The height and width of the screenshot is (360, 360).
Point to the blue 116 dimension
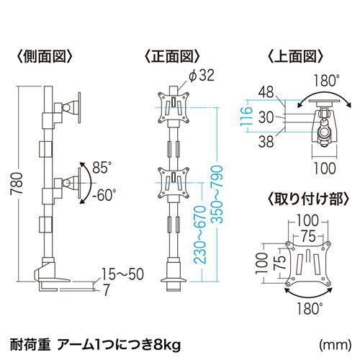[243, 115]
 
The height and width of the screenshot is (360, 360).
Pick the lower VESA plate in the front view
[174, 178]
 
